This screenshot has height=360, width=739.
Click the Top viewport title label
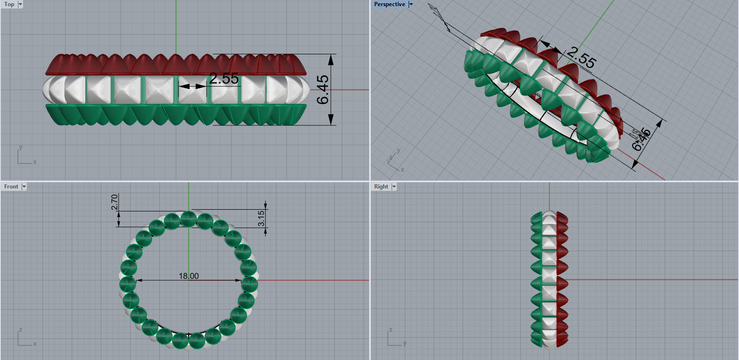tap(9, 4)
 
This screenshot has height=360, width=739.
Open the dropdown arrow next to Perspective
tap(411, 4)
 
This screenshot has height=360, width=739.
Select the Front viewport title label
tap(11, 187)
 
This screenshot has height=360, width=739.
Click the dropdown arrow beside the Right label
tap(393, 187)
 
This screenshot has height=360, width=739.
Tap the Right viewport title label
tap(381, 187)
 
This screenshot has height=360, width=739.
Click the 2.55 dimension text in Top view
tap(223, 79)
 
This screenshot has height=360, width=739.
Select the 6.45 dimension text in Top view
tap(323, 90)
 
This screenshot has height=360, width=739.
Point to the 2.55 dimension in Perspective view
tap(581, 58)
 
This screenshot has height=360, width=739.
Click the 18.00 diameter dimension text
tap(189, 276)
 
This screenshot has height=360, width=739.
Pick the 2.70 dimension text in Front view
tap(114, 204)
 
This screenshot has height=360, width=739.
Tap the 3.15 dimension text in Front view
tap(262, 218)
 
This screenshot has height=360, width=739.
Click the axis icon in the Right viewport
tap(395, 338)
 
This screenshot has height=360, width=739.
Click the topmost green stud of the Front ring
tap(189, 218)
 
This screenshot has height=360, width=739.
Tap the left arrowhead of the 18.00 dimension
tap(139, 280)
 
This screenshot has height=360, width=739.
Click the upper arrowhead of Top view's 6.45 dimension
tap(331, 58)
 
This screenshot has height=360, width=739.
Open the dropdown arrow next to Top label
tap(20, 4)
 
